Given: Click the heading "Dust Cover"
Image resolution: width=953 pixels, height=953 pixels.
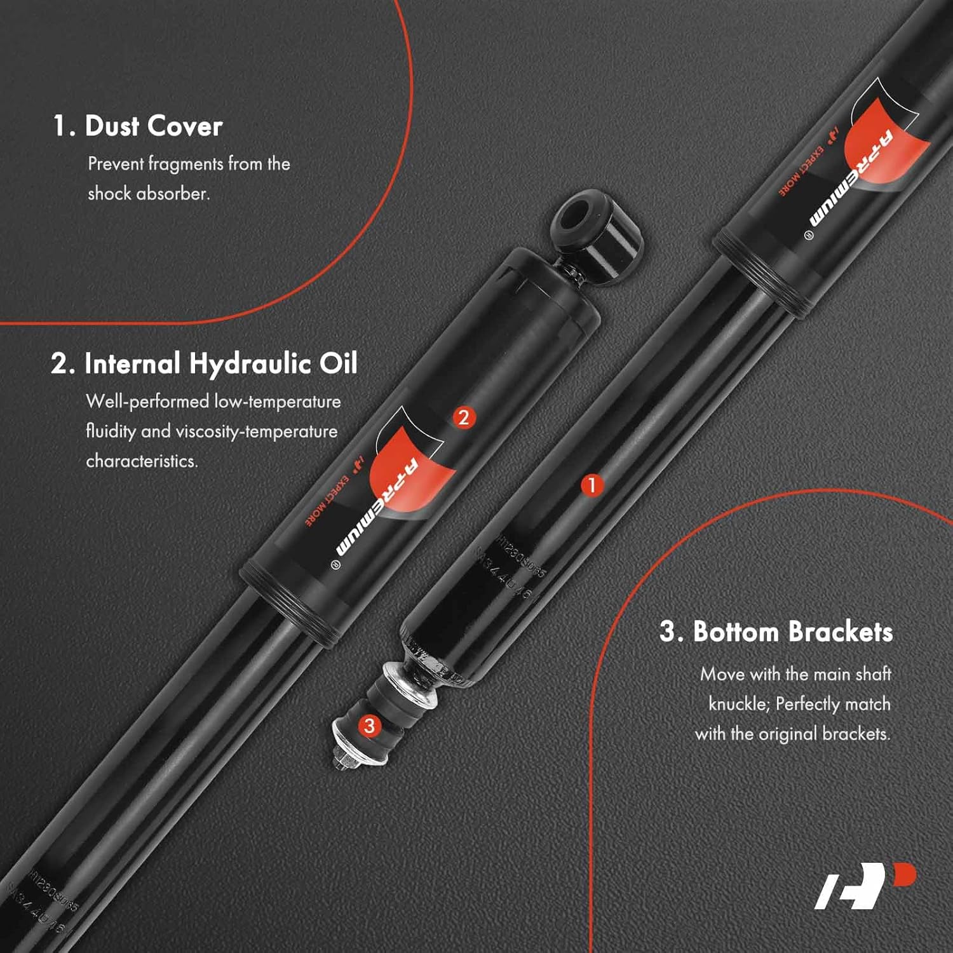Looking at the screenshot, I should tap(153, 126).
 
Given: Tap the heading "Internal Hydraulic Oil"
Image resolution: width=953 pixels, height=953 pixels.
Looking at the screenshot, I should tap(220, 364).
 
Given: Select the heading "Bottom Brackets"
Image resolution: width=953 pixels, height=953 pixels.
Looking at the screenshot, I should tap(793, 632).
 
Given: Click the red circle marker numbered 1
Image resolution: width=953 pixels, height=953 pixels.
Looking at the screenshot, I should tap(592, 485).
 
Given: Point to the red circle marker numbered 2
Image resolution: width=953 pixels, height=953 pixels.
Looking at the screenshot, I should tap(464, 417).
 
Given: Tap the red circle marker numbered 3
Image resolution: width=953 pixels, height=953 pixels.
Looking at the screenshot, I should tap(369, 726).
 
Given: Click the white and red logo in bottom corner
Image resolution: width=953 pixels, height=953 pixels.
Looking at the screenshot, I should tap(864, 886).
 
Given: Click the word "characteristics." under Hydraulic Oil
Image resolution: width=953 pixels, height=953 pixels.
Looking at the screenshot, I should tap(142, 461).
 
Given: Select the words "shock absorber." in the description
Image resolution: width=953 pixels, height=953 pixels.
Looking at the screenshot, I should tap(149, 193).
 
